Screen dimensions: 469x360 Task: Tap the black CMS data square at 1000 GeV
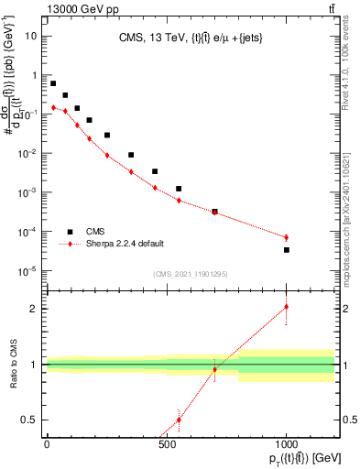coord(287,250)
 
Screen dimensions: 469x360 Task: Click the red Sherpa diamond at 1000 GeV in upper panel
coord(287,238)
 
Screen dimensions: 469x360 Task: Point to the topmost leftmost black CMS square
coord(53,83)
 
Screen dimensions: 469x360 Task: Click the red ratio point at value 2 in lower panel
coord(287,307)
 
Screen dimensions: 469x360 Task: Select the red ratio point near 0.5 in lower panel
coord(179,420)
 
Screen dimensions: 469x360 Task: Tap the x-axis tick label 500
coord(167,445)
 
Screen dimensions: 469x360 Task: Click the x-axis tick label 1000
coord(287,445)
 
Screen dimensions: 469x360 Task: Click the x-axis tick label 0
coord(47,445)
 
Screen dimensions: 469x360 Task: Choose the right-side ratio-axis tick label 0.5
coord(348,420)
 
